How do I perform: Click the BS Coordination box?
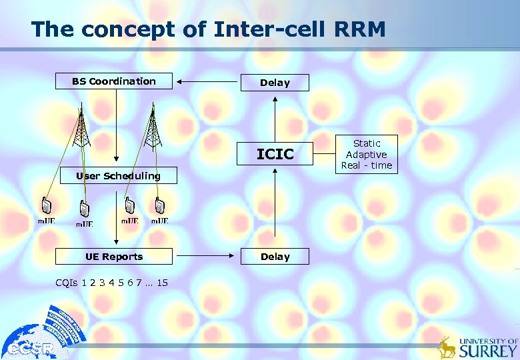(x=114, y=81)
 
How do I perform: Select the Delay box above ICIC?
(x=275, y=83)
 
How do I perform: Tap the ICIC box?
(x=275, y=155)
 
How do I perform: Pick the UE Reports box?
(x=114, y=257)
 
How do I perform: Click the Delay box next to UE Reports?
(x=275, y=257)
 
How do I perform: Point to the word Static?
(x=367, y=143)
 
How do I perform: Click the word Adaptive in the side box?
(x=367, y=154)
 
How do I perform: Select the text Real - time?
(x=367, y=165)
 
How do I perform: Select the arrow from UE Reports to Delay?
(x=207, y=257)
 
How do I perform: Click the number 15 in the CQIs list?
(x=162, y=283)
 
